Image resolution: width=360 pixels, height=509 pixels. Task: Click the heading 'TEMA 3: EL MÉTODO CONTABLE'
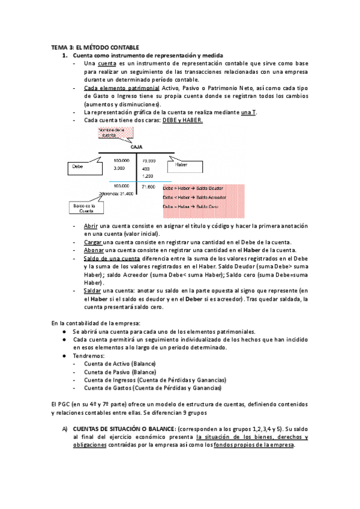point(95,47)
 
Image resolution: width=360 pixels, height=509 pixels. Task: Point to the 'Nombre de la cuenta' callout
point(112,133)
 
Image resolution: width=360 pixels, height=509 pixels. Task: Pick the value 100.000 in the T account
point(122,161)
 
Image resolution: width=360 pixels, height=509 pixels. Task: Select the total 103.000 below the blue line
point(122,186)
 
